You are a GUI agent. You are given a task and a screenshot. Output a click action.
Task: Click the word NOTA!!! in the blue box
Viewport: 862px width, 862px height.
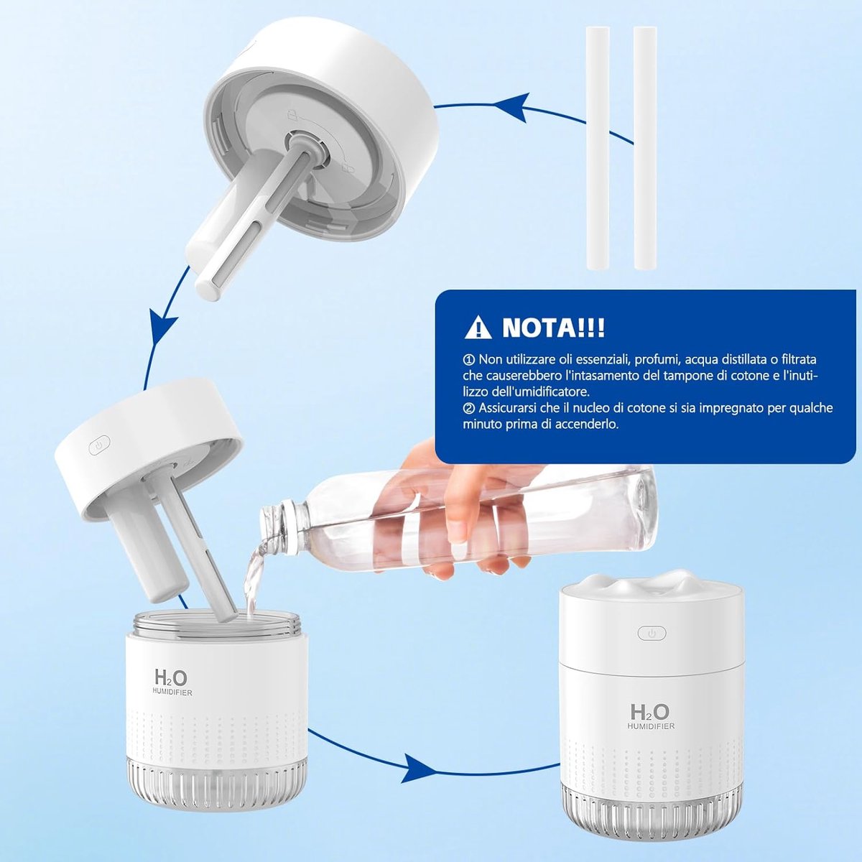point(553,328)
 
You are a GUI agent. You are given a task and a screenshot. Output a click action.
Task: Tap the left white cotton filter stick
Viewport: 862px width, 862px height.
point(598,148)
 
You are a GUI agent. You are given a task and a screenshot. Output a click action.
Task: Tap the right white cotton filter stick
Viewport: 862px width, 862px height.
point(645,148)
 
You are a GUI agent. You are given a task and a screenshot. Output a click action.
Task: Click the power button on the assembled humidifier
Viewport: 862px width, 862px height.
point(652,633)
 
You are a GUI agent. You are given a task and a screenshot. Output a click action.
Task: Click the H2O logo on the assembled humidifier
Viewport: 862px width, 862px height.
point(649,712)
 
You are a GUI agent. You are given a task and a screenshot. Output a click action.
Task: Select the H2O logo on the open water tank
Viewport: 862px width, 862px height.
point(171,677)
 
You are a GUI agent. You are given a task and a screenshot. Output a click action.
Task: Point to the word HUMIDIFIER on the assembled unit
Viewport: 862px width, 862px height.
point(650,726)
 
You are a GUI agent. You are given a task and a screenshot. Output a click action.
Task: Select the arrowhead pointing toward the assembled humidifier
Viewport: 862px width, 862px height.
point(418,768)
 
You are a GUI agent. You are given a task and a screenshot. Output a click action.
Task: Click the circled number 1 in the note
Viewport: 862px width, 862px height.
point(468,359)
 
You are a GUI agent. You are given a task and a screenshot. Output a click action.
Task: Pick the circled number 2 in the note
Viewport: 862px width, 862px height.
point(468,408)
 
